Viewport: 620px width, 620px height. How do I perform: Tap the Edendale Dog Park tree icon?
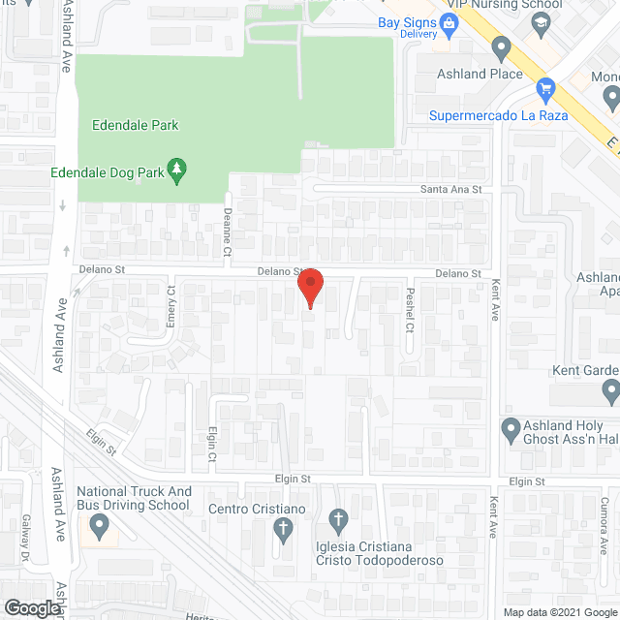coord(177,171)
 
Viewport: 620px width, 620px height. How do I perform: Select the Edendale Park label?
coord(136,125)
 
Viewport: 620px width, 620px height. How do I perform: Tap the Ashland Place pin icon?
coord(501,46)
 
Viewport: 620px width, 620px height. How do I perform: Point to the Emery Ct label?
coord(171,305)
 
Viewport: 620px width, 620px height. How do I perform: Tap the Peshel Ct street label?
coord(410,308)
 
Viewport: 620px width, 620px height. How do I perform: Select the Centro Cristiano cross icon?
coord(283,530)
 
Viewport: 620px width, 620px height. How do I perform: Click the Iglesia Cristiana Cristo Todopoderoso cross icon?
coord(337,520)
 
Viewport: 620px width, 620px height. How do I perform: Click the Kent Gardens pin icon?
coord(610,390)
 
